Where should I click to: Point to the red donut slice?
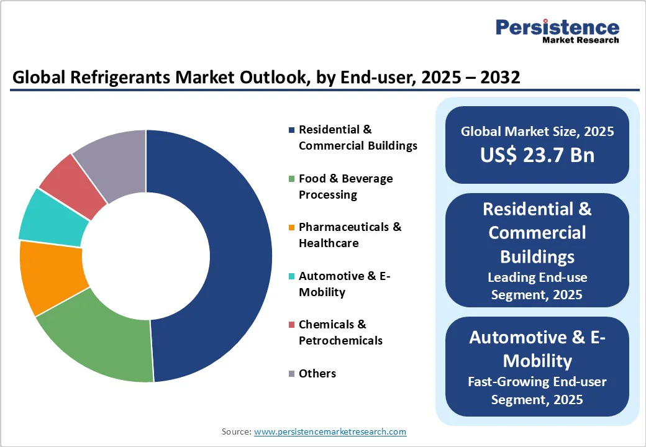click(x=74, y=183)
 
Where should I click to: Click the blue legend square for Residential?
click(x=292, y=130)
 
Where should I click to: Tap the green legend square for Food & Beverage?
click(x=292, y=179)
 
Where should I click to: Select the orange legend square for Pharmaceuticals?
click(x=292, y=227)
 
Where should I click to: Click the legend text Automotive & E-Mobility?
click(x=344, y=284)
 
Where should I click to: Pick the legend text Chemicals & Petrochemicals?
click(x=341, y=333)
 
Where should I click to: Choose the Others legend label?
click(x=317, y=373)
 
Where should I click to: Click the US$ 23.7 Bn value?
click(x=537, y=155)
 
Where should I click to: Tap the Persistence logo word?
click(x=557, y=27)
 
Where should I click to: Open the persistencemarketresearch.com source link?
click(x=330, y=431)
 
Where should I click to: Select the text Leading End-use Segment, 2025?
click(x=537, y=286)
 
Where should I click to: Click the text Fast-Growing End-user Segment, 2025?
click(x=537, y=391)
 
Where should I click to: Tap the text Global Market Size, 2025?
click(x=537, y=131)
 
